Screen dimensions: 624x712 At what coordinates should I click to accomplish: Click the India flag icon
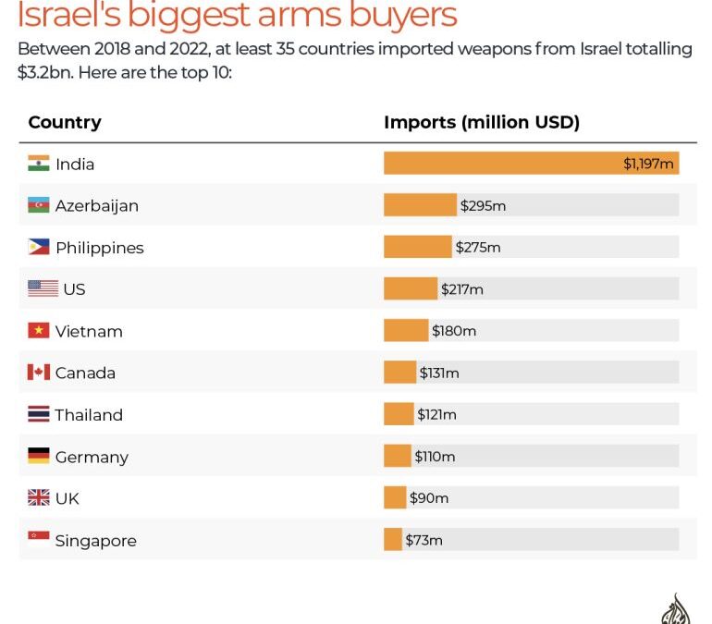(38, 164)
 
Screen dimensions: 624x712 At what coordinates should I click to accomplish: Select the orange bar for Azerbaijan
(420, 205)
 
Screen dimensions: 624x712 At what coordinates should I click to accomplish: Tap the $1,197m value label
(649, 164)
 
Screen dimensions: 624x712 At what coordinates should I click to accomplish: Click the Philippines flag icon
(38, 248)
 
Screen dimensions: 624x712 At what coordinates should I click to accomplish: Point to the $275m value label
(478, 248)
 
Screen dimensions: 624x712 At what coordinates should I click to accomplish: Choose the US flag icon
(43, 289)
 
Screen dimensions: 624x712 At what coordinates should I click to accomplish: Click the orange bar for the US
(410, 289)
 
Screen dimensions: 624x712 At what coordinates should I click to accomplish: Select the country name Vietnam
(89, 331)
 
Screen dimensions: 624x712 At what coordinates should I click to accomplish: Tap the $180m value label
(454, 331)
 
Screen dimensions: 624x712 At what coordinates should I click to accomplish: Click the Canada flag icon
(38, 373)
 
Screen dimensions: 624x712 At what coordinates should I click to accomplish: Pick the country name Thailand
(89, 415)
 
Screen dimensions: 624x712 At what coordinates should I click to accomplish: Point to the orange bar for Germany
(398, 457)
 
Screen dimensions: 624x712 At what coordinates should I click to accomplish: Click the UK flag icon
(38, 498)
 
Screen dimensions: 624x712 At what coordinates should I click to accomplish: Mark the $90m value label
(429, 498)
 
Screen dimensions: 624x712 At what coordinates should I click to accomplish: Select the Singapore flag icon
(38, 540)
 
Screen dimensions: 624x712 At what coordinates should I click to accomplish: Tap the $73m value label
(424, 540)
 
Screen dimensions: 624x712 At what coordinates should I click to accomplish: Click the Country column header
(65, 122)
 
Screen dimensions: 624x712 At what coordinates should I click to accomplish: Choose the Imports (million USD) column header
(482, 122)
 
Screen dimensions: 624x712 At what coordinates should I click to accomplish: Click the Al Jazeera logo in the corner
(676, 610)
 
